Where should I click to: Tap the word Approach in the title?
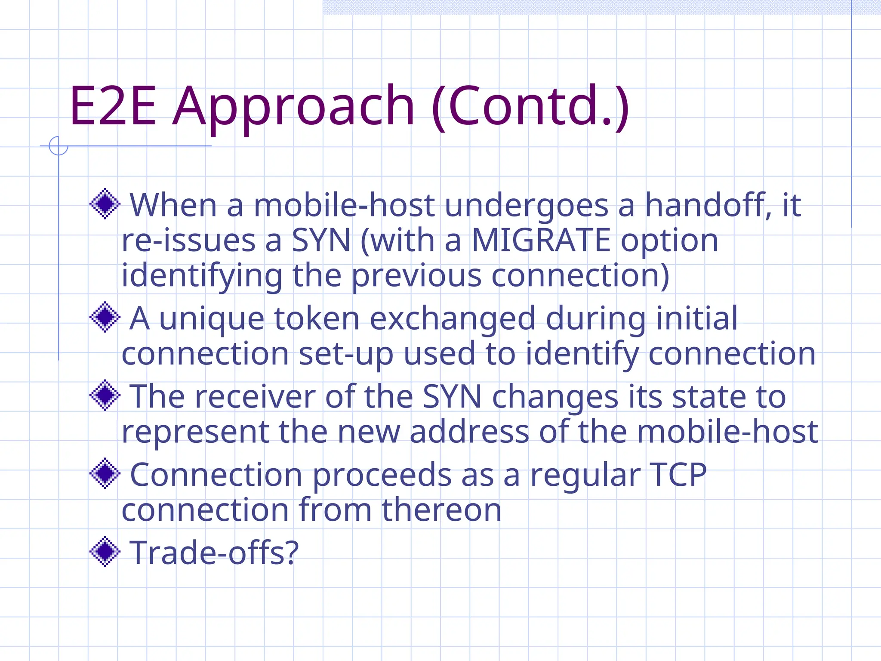click(293, 108)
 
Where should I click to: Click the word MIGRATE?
click(541, 240)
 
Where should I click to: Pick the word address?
click(469, 432)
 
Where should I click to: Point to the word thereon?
click(441, 510)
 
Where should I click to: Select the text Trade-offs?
click(214, 553)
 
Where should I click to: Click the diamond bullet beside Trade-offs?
click(105, 551)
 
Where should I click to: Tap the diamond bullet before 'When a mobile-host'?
click(105, 204)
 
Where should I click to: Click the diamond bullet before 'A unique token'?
click(105, 317)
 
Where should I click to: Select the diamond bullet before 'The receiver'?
click(105, 395)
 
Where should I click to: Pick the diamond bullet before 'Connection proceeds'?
click(105, 473)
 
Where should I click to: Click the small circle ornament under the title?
click(59, 146)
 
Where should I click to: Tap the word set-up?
click(346, 354)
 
